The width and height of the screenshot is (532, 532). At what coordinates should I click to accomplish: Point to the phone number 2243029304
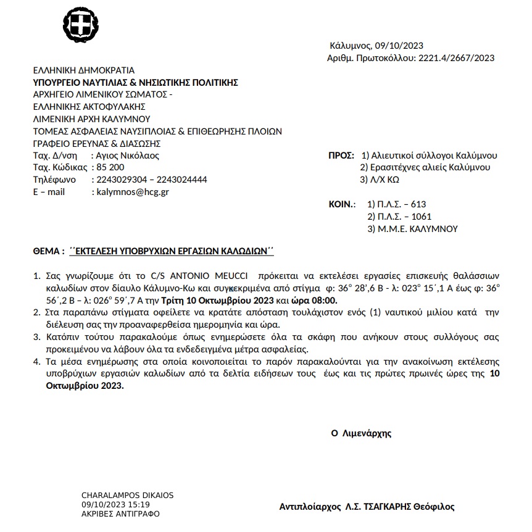pyautogui.click(x=118, y=180)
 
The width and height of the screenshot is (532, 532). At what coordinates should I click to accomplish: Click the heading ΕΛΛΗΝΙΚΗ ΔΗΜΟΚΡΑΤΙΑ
pyautogui.click(x=83, y=70)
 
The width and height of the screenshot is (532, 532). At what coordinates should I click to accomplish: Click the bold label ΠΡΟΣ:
pyautogui.click(x=341, y=156)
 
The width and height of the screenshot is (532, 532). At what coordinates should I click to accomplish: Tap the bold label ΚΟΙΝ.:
pyautogui.click(x=343, y=204)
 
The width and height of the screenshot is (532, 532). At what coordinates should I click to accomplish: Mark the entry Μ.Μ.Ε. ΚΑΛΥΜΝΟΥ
pyautogui.click(x=412, y=228)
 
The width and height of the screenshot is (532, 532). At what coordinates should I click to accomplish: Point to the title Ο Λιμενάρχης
pyautogui.click(x=361, y=433)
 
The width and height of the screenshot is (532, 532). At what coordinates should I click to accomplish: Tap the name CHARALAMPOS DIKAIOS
pyautogui.click(x=127, y=496)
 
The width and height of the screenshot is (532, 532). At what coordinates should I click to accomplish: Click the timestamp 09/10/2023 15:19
pyautogui.click(x=115, y=504)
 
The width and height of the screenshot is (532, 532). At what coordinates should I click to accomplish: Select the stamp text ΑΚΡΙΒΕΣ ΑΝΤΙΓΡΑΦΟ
pyautogui.click(x=120, y=513)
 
